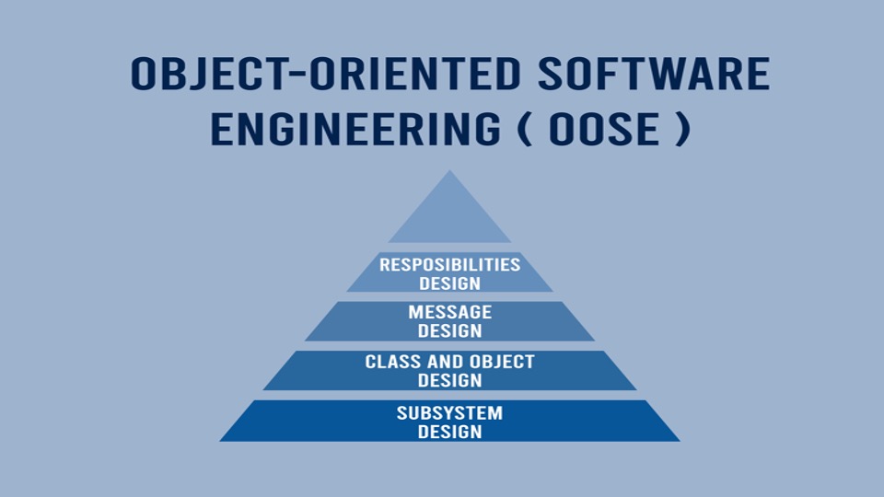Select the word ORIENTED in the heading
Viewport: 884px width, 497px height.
click(x=415, y=74)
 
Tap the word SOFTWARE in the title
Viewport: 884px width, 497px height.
click(x=654, y=74)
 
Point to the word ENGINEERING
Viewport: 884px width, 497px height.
click(x=355, y=129)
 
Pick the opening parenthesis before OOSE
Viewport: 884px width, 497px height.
click(x=525, y=129)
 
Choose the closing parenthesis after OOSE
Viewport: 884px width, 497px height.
click(x=682, y=129)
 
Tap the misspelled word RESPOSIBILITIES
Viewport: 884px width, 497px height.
click(x=450, y=264)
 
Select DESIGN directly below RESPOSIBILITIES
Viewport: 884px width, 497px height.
click(x=450, y=283)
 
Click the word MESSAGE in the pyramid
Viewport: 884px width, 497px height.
click(x=450, y=312)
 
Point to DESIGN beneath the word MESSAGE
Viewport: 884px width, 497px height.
click(x=450, y=330)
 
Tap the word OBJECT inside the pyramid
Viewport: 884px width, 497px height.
click(x=503, y=361)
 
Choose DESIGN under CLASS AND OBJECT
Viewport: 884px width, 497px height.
click(x=450, y=380)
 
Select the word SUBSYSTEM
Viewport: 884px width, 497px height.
click(x=450, y=413)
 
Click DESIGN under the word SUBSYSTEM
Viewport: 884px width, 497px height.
click(x=450, y=432)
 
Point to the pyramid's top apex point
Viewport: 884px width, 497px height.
click(x=450, y=171)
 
